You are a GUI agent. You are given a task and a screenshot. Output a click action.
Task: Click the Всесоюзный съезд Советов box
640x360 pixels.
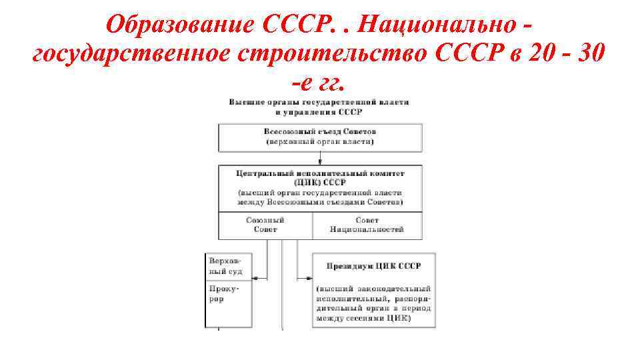coord(320,137)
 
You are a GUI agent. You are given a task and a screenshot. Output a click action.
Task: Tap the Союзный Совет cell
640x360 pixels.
coord(265,225)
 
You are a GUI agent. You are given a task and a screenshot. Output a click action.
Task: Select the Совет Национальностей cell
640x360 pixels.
coord(367,225)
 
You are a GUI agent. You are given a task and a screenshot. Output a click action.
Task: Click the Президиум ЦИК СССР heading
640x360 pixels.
coord(373,266)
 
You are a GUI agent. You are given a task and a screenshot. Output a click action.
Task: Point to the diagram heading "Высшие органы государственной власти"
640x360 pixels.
coord(319,102)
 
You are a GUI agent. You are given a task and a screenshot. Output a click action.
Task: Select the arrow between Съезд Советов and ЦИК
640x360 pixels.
coord(320,159)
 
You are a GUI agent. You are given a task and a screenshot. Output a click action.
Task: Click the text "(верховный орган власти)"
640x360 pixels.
coord(320,142)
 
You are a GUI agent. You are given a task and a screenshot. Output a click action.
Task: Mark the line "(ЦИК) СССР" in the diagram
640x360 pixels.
coord(320,182)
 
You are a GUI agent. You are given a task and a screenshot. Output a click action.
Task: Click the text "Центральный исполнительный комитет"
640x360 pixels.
coord(320,173)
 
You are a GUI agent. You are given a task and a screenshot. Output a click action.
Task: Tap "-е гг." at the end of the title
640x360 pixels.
coord(319,83)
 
